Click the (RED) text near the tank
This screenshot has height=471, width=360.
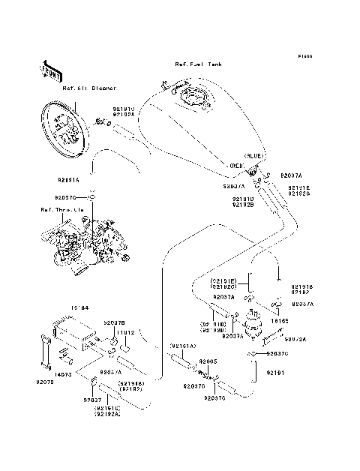tap(238, 164)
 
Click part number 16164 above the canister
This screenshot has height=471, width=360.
tap(79, 307)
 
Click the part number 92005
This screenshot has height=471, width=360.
tap(207, 361)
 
